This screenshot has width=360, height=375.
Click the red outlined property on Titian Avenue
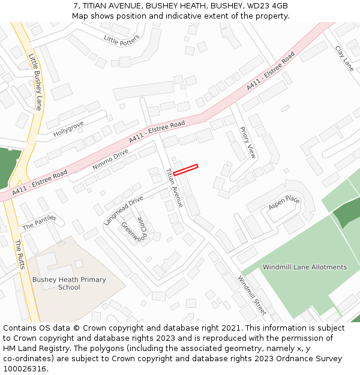(185, 170)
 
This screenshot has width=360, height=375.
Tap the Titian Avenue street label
(175, 187)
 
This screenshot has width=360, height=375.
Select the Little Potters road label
(121, 40)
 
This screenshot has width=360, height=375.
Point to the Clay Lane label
(344, 59)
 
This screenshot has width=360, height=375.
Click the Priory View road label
(247, 142)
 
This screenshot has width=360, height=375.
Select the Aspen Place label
(284, 203)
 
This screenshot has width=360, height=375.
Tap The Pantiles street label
(39, 223)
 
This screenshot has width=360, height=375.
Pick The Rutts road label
(20, 254)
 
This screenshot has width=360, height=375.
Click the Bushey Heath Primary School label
(69, 283)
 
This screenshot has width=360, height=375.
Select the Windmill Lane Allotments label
(305, 267)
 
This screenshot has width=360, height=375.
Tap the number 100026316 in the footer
(25, 368)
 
